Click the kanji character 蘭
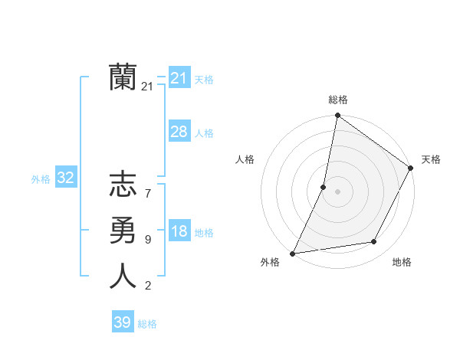[123, 77]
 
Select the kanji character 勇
[123, 231]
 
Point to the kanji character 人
[123, 276]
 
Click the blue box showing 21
[179, 78]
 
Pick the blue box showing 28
[179, 132]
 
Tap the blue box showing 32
[66, 178]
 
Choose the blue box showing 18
[179, 232]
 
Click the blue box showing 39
[122, 322]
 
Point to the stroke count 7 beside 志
[147, 194]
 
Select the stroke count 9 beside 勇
[147, 240]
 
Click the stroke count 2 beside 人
[147, 286]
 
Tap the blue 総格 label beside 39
[147, 324]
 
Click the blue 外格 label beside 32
[41, 179]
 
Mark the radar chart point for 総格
[337, 116]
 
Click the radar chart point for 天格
[411, 168]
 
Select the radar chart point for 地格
[374, 242]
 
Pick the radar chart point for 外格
[292, 253]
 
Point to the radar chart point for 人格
[324, 187]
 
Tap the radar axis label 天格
[431, 159]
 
